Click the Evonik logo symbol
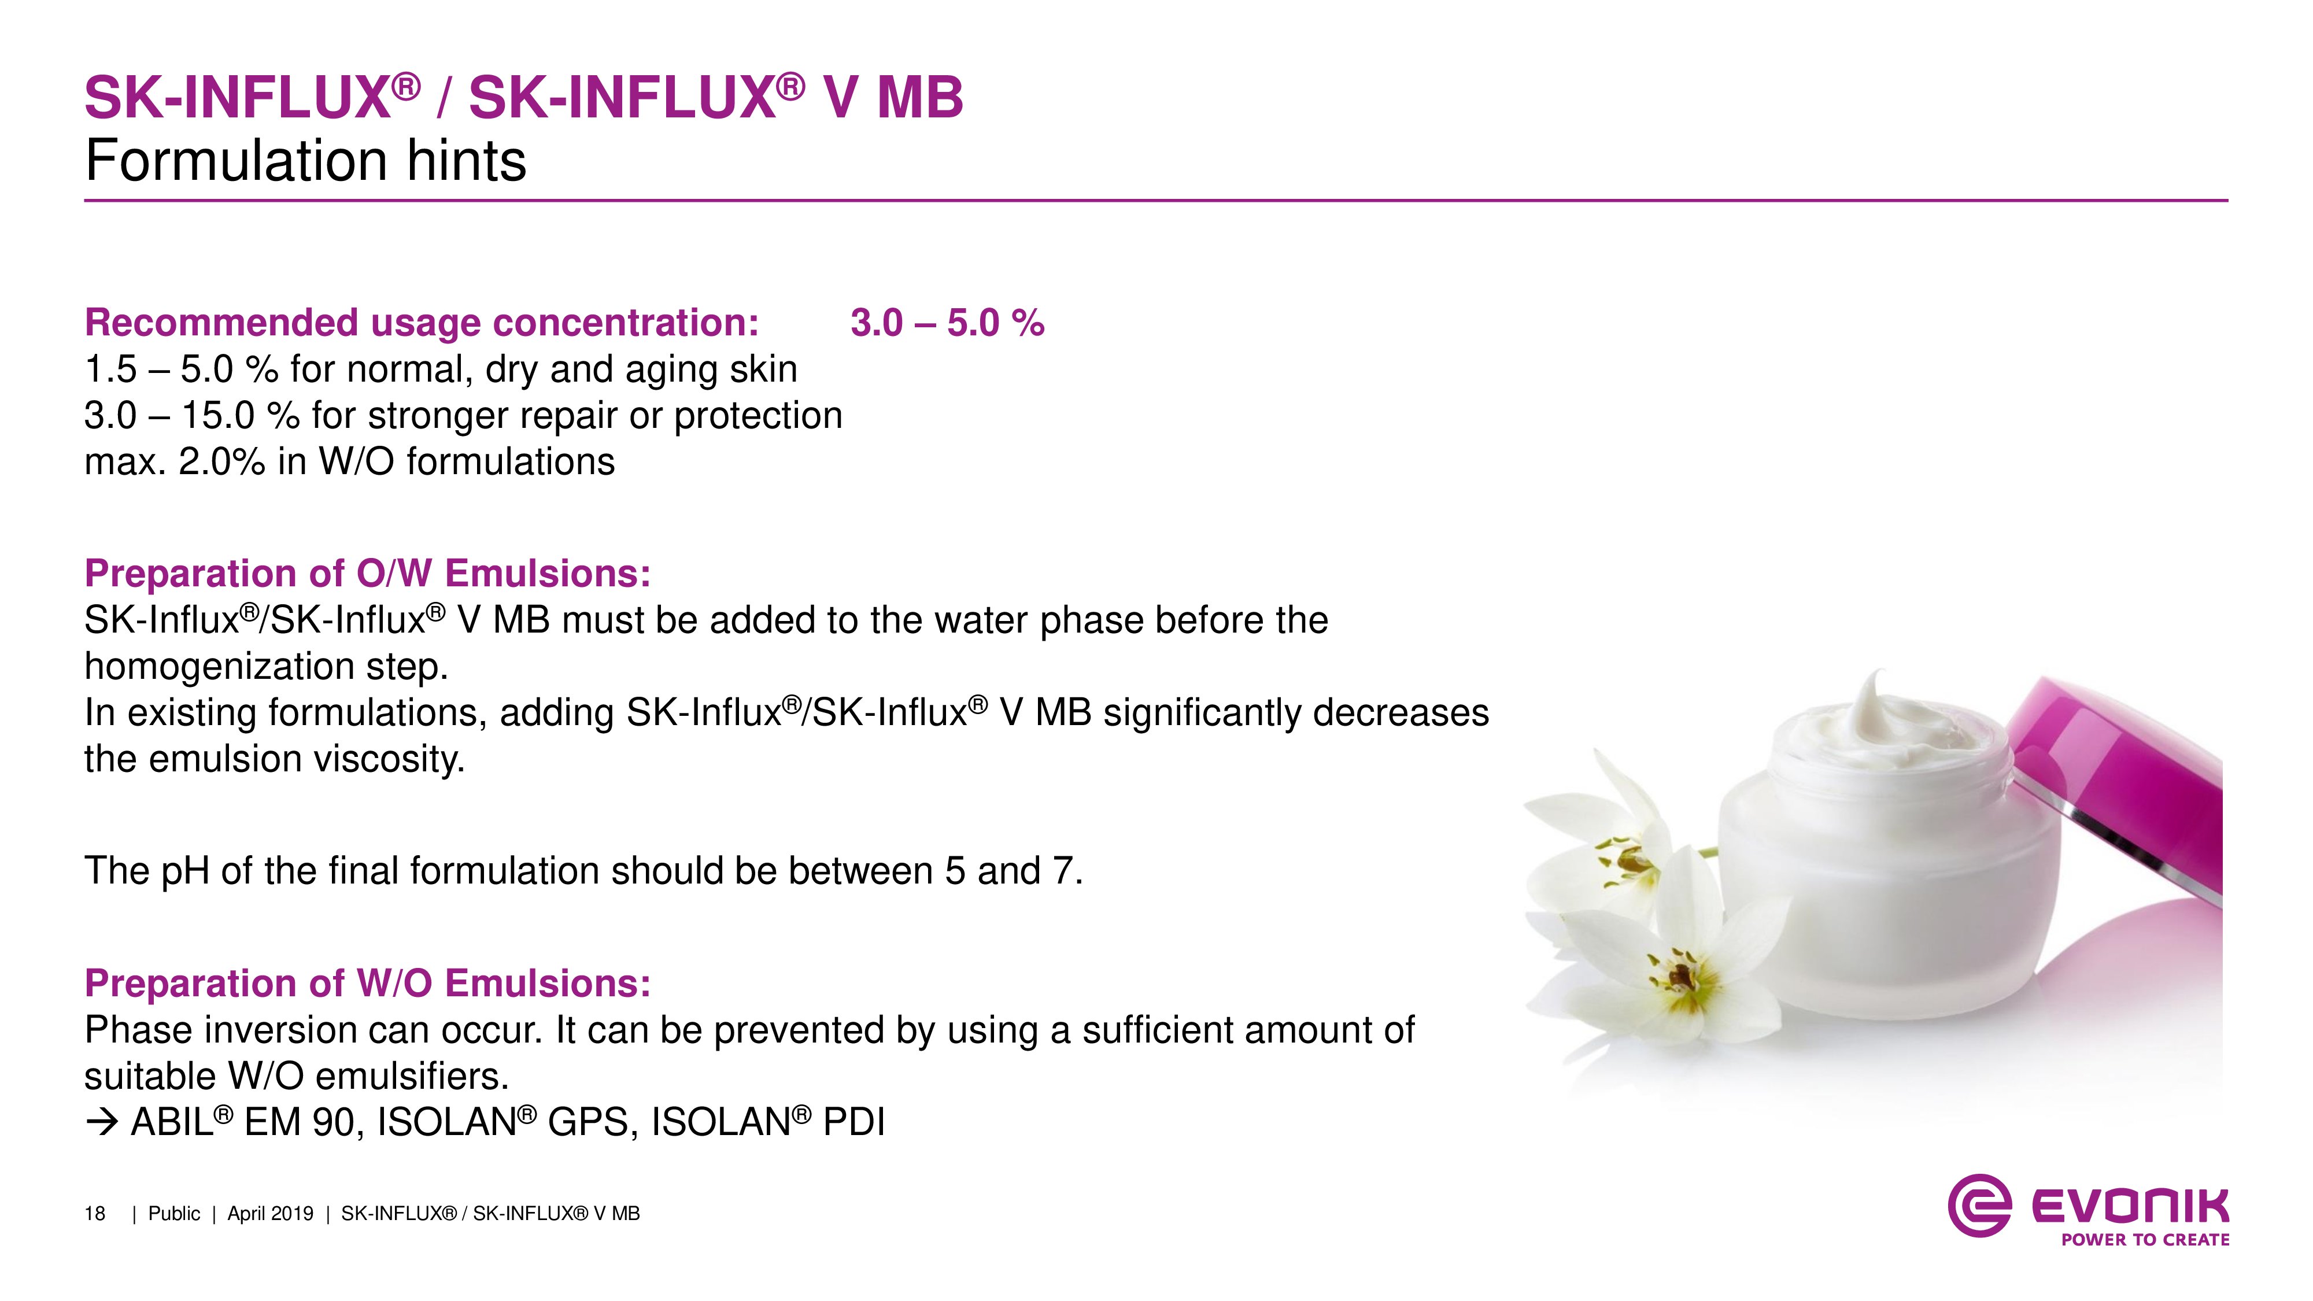point(1979,1206)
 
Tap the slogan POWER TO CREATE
point(2145,1240)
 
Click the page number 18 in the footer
point(94,1214)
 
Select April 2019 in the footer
point(270,1214)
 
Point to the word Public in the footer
point(174,1214)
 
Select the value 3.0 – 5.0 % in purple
point(947,323)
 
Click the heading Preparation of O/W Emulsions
point(367,573)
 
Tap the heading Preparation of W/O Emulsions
point(367,983)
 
